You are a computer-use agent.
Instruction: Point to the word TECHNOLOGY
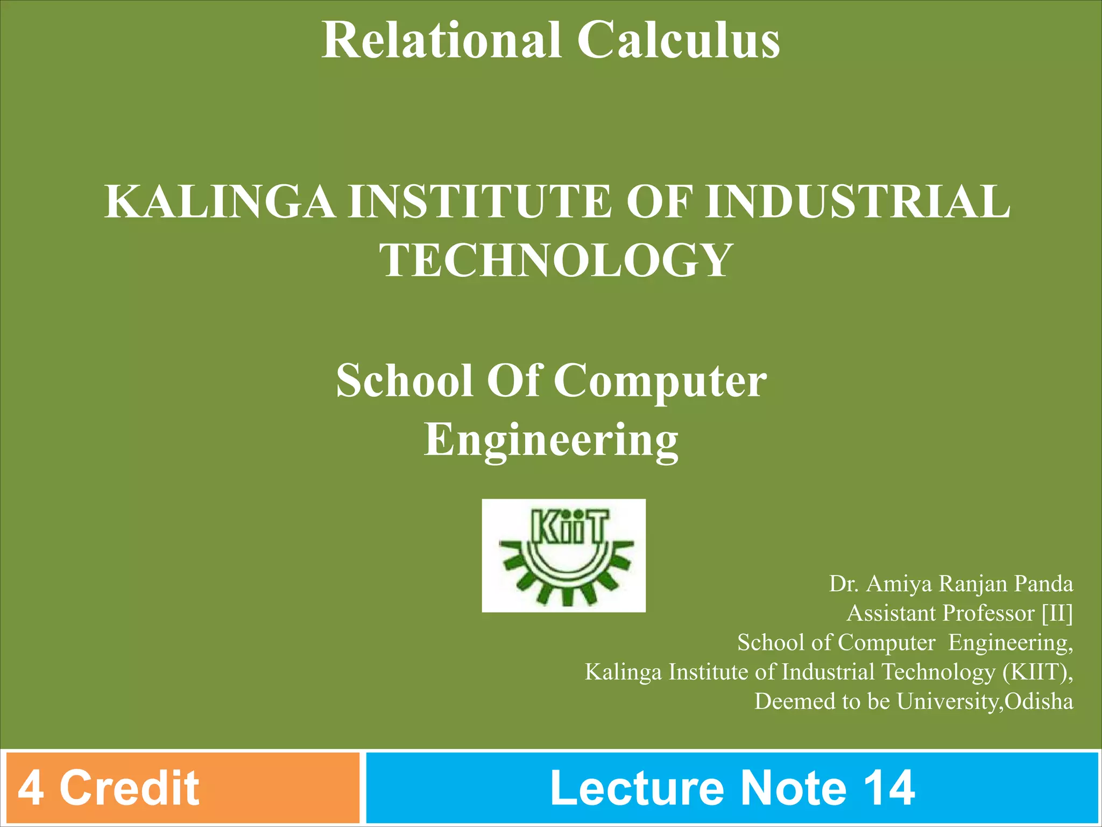[x=556, y=261]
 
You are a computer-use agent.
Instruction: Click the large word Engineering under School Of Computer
[x=551, y=439]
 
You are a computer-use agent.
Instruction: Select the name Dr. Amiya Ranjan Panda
[x=951, y=584]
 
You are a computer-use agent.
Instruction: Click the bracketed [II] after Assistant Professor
[x=1057, y=613]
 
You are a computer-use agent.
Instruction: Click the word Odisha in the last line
[x=1039, y=702]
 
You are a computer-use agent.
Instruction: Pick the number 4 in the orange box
[x=31, y=788]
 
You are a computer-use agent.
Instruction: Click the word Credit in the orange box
[x=129, y=788]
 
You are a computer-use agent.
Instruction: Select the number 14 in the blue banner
[x=889, y=788]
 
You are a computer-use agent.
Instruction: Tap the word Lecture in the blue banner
[x=637, y=788]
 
